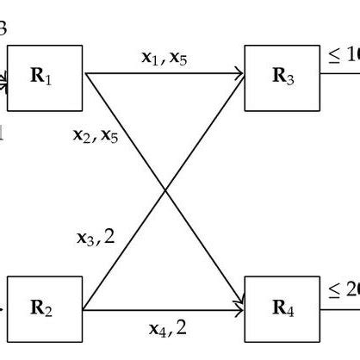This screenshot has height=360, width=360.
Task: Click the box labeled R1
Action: coord(45,78)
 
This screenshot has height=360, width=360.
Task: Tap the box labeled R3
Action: coord(282,78)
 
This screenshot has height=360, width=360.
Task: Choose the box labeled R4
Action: coord(282,308)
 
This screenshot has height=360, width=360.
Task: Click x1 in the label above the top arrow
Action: coord(151,59)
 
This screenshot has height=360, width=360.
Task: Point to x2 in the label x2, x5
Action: coord(82,136)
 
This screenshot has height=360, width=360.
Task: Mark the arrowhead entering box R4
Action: coord(239,307)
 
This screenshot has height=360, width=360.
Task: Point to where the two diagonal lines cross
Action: coord(164,191)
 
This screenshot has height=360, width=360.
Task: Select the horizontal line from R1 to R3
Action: coord(164,74)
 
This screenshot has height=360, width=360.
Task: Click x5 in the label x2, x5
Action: coord(109,136)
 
